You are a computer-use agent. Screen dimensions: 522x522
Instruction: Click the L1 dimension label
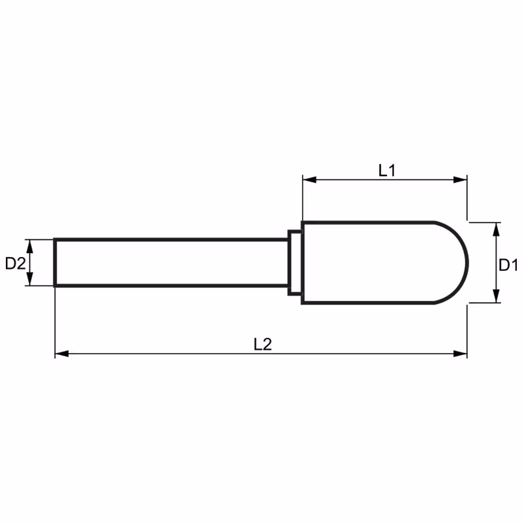[387, 170]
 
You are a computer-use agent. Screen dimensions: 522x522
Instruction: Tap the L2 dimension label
[263, 345]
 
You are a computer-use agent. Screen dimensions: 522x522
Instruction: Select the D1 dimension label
[508, 266]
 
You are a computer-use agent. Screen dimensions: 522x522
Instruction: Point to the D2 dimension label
[15, 264]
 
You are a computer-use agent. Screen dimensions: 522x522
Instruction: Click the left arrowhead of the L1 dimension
[309, 180]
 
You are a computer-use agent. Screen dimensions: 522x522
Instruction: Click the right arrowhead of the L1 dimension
[460, 180]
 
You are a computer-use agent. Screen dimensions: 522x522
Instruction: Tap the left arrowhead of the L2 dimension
[61, 354]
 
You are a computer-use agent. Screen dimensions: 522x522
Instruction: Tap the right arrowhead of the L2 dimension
[460, 354]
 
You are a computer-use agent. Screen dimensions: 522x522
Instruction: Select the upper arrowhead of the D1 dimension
[496, 230]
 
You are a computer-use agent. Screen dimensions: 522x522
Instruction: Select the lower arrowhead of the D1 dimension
[496, 296]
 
